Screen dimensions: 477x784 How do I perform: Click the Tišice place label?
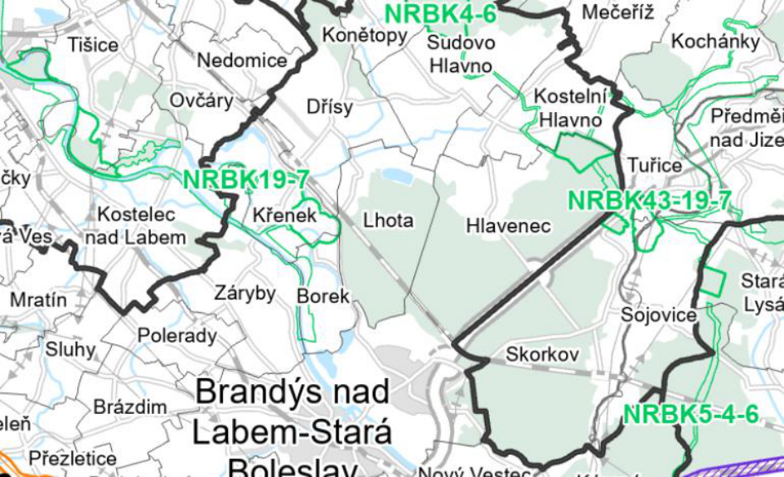[94, 45]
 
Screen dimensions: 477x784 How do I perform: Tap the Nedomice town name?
[242, 61]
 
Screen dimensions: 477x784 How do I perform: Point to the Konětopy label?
[365, 36]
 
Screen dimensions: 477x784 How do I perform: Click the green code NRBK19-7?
[246, 179]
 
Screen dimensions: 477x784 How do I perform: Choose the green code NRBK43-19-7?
[650, 201]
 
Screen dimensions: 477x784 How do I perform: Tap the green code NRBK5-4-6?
[691, 414]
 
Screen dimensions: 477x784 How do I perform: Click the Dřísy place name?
[329, 107]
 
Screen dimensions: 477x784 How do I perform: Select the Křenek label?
[285, 216]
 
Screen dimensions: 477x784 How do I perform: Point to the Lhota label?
[388, 221]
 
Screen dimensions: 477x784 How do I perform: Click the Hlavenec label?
[508, 226]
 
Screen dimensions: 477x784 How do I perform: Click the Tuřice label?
[655, 165]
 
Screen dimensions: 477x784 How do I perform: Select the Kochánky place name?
[715, 41]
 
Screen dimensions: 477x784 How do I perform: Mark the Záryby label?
[244, 293]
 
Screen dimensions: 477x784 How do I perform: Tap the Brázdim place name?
[130, 407]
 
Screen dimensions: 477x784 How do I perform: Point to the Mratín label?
[33, 299]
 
